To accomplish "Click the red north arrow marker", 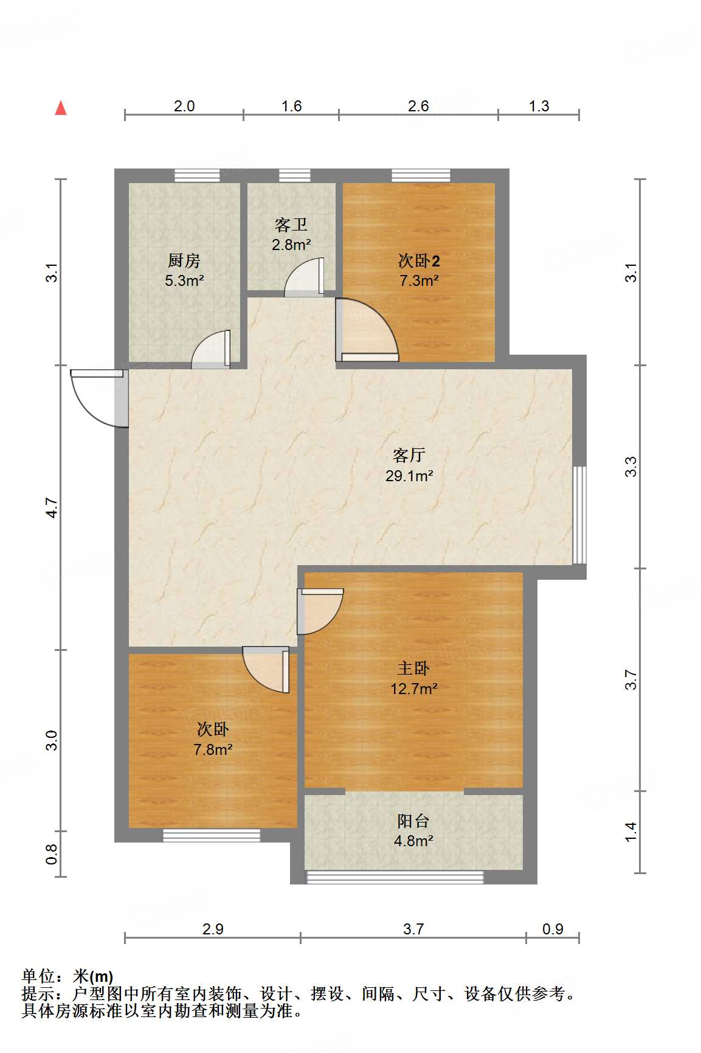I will pyautogui.click(x=61, y=108).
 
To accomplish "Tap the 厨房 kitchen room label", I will pyautogui.click(x=184, y=269).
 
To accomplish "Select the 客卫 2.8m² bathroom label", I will pyautogui.click(x=291, y=234).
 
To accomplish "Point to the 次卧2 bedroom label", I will pyautogui.click(x=418, y=270).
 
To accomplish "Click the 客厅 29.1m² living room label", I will pyautogui.click(x=409, y=465).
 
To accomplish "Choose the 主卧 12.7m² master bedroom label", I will pyautogui.click(x=413, y=678).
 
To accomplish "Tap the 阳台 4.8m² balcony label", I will pyautogui.click(x=413, y=830).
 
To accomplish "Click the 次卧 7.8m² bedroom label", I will pyautogui.click(x=213, y=738).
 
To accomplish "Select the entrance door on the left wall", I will pyautogui.click(x=97, y=397).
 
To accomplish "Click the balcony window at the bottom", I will pyautogui.click(x=395, y=877).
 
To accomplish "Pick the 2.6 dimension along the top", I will pyautogui.click(x=418, y=106).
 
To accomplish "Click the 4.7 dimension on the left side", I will pyautogui.click(x=52, y=507).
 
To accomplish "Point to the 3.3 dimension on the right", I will pyautogui.click(x=631, y=467).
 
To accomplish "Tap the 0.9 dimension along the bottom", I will pyautogui.click(x=553, y=929).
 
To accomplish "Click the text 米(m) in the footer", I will pyautogui.click(x=93, y=976).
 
